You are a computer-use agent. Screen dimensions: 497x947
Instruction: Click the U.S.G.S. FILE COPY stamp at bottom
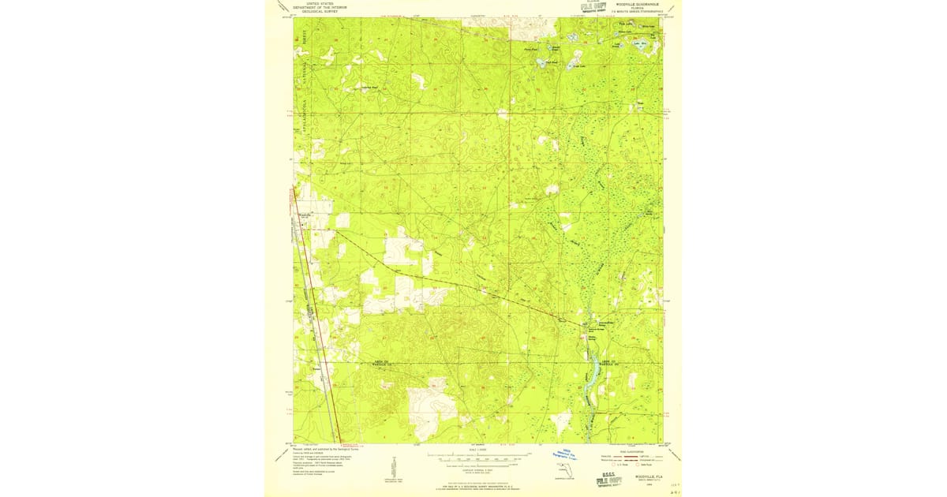pos(608,480)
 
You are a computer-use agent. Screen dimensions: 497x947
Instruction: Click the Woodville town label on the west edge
pos(305,215)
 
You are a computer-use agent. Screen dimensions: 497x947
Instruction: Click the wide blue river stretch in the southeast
pos(590,371)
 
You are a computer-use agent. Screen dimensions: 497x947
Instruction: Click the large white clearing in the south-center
pos(438,402)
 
